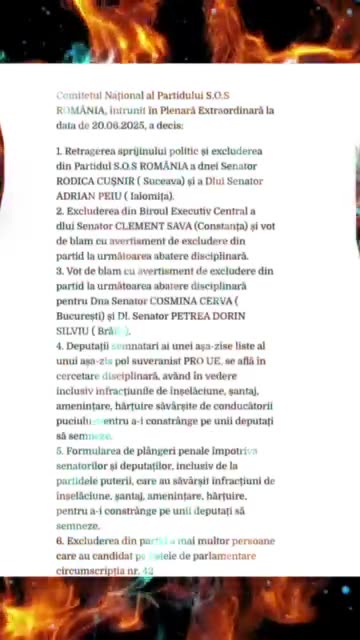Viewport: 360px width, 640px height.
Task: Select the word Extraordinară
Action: pos(229,110)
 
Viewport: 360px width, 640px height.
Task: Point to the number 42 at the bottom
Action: pos(148,570)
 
